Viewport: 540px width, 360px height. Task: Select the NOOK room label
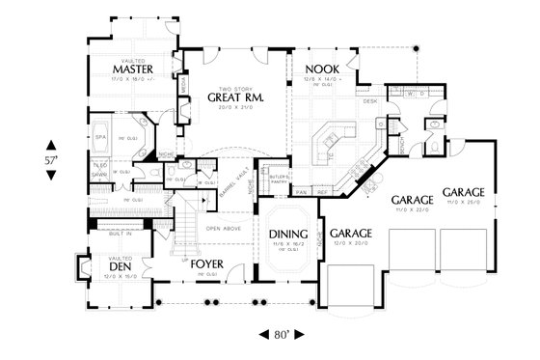(x=320, y=69)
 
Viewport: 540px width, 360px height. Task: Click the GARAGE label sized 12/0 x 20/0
(x=352, y=234)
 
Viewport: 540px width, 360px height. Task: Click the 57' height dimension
(x=51, y=157)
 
